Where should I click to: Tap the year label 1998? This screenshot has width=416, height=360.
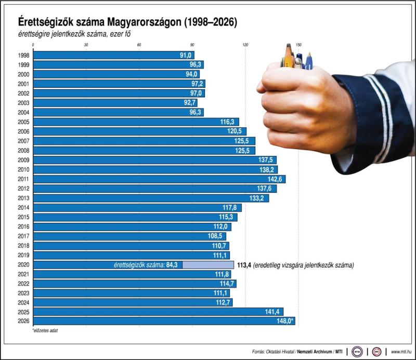coord(23,55)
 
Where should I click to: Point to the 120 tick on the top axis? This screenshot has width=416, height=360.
coord(245,45)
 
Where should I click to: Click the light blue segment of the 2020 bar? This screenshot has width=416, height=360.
coord(207,264)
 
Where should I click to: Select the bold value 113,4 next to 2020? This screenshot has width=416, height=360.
coord(244,264)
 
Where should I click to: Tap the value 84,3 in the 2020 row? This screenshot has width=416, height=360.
coord(172,264)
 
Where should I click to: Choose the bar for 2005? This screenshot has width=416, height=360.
coord(135,122)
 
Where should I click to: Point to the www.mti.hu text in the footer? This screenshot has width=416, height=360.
coord(402,351)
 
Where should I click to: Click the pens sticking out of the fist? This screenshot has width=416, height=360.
coord(296,57)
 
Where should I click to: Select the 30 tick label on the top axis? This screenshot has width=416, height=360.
coord(86,45)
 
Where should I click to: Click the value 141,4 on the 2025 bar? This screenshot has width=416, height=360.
coord(274,312)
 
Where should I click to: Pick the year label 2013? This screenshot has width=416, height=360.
coord(23,198)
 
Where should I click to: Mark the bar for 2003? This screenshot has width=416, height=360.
coord(114,103)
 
